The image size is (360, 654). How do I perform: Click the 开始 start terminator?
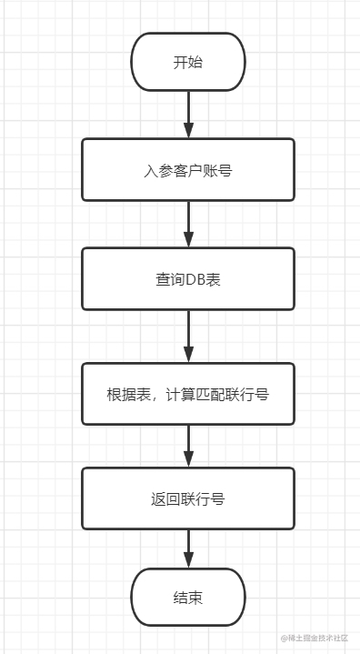188,63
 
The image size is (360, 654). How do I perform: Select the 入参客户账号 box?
188,169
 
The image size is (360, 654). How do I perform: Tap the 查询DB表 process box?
188,279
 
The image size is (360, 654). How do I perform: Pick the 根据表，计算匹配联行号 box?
188,394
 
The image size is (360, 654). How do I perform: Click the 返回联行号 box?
188,498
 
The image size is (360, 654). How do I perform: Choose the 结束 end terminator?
188,598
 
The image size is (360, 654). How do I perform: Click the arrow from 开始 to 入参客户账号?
188,113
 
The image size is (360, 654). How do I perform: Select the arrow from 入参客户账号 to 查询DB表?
188,223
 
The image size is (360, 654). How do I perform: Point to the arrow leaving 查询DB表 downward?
188,336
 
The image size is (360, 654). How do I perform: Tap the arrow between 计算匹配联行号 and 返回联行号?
188,445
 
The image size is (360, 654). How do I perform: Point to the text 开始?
188,63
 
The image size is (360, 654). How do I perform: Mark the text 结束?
188,598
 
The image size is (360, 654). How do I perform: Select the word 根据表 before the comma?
128,395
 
